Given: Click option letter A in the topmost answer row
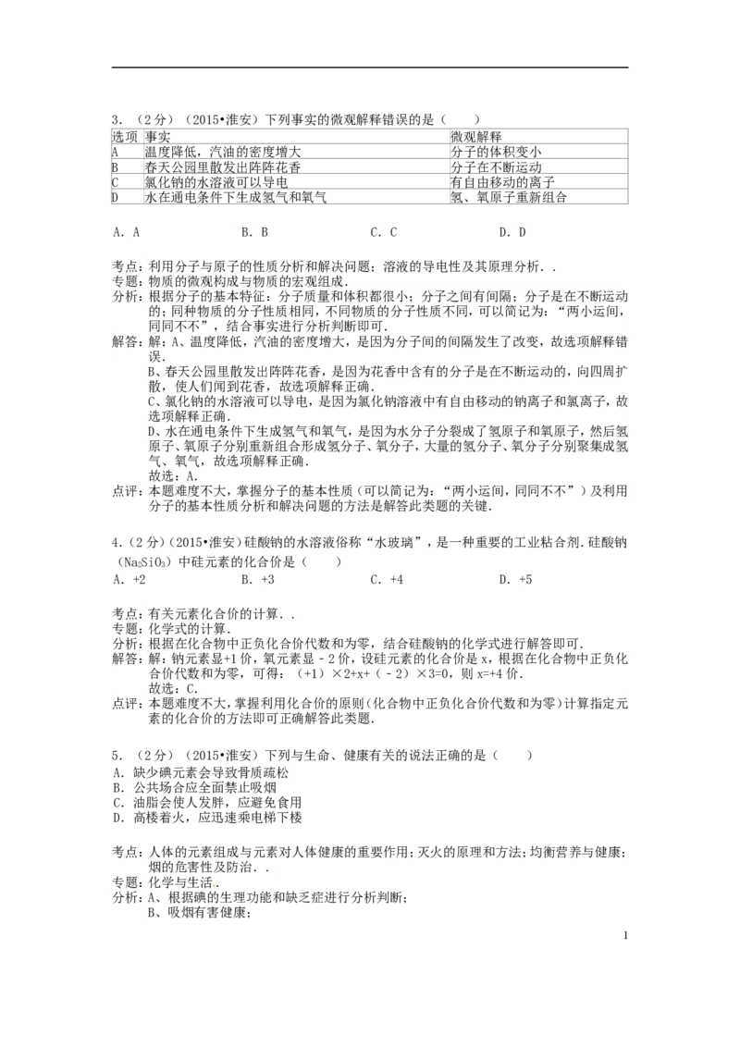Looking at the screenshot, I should [x=117, y=231].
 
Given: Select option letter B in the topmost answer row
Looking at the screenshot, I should [x=246, y=231].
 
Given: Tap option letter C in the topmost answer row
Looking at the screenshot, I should [x=376, y=231].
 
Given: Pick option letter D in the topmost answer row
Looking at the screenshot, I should [x=504, y=231].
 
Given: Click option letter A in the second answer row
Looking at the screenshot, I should [x=117, y=580].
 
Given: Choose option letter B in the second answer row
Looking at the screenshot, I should [x=246, y=580].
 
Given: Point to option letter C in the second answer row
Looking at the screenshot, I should [x=376, y=580].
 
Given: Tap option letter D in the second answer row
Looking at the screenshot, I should [x=504, y=580].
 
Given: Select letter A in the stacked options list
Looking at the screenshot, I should [x=117, y=770].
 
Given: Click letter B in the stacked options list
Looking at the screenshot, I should [x=117, y=787].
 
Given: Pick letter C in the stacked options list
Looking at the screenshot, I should [x=117, y=803].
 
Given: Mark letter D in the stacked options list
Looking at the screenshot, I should [x=117, y=819].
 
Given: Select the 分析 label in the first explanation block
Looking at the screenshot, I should [x=126, y=296].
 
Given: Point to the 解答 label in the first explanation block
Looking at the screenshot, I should [x=126, y=340].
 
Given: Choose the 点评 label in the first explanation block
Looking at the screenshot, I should [x=126, y=488].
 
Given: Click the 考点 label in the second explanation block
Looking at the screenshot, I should [x=126, y=615].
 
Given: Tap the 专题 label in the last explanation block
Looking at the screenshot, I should [x=126, y=880].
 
